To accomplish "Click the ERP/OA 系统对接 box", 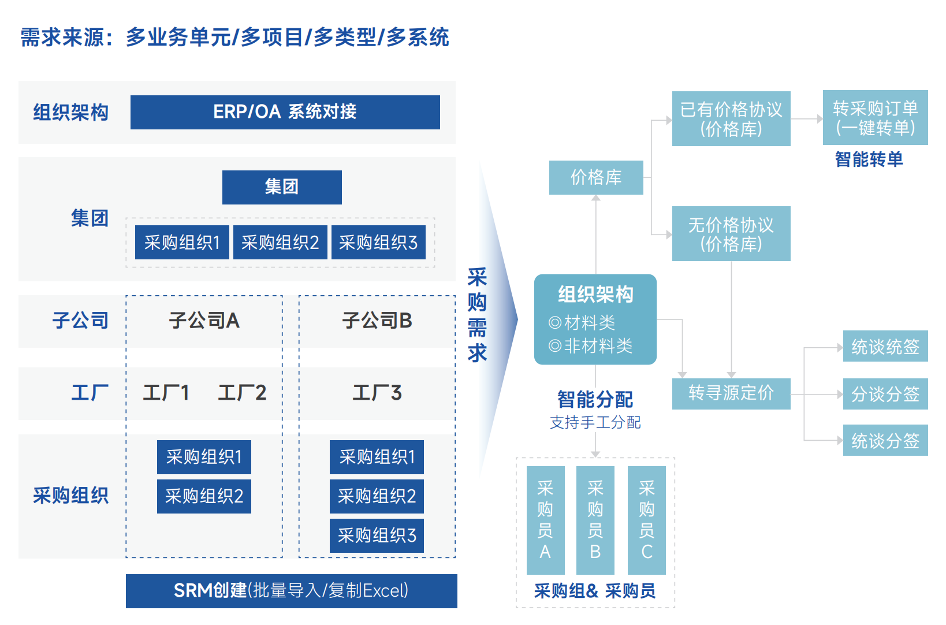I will tap(285, 112).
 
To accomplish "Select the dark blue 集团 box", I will tap(282, 187).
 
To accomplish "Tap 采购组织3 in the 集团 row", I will tap(378, 243).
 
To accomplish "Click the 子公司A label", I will tap(204, 321).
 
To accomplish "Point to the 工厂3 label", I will tap(377, 393).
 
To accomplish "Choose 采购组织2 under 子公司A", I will tap(204, 496).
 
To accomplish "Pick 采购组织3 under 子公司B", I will tap(377, 535).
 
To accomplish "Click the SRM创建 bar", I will tap(291, 590).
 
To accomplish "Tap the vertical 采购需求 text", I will tap(477, 315).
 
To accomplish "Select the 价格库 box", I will tap(596, 177).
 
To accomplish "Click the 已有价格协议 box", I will tap(731, 118).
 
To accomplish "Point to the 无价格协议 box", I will tap(731, 233).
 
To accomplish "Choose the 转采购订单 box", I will tap(875, 117).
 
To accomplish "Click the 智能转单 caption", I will tap(869, 159).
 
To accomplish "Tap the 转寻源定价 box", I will tap(731, 393).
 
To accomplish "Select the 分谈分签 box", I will tap(885, 394).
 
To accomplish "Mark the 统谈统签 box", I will tap(885, 347).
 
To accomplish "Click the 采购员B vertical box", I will tap(595, 520).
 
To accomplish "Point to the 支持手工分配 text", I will tap(595, 423).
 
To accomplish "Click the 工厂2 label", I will tap(242, 393).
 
